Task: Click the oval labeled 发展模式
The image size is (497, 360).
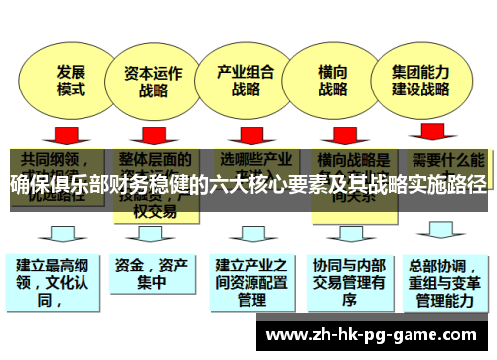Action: [71, 79]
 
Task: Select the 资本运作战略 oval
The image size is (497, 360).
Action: [154, 80]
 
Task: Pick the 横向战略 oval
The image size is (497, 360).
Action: [332, 80]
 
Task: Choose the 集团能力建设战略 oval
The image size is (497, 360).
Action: [421, 80]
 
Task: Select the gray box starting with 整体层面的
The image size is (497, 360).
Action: [149, 174]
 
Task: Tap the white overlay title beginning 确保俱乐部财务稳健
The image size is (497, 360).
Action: [248, 183]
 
